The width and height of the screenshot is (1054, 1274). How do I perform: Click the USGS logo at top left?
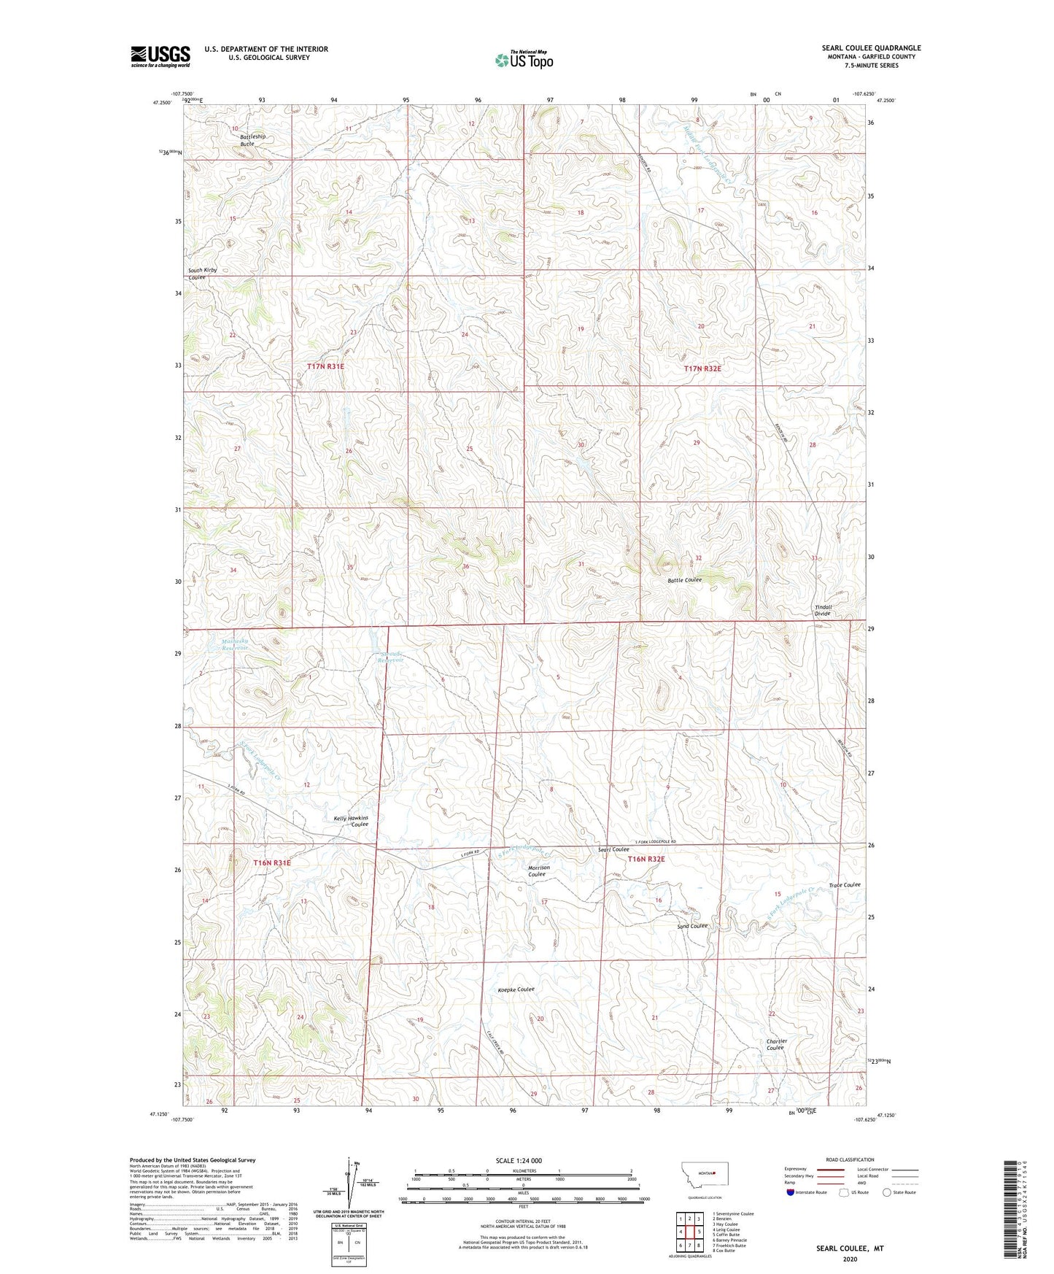160,56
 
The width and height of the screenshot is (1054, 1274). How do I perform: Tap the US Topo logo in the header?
523,60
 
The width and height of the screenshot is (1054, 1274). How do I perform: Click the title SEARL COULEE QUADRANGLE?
871,48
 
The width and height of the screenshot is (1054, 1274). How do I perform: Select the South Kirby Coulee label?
202,274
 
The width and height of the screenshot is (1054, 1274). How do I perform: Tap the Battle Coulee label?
684,579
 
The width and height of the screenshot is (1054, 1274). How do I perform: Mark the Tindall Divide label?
823,610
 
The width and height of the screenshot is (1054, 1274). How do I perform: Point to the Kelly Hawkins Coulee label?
352,821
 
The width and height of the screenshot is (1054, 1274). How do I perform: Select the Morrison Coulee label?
538,870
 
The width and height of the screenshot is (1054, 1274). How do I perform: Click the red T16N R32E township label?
646,859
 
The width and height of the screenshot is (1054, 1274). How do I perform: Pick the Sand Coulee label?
691,926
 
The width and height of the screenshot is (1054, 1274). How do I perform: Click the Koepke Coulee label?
516,989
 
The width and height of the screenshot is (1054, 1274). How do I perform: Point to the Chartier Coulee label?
776,1044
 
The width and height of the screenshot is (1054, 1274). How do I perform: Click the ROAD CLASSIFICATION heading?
850,1159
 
